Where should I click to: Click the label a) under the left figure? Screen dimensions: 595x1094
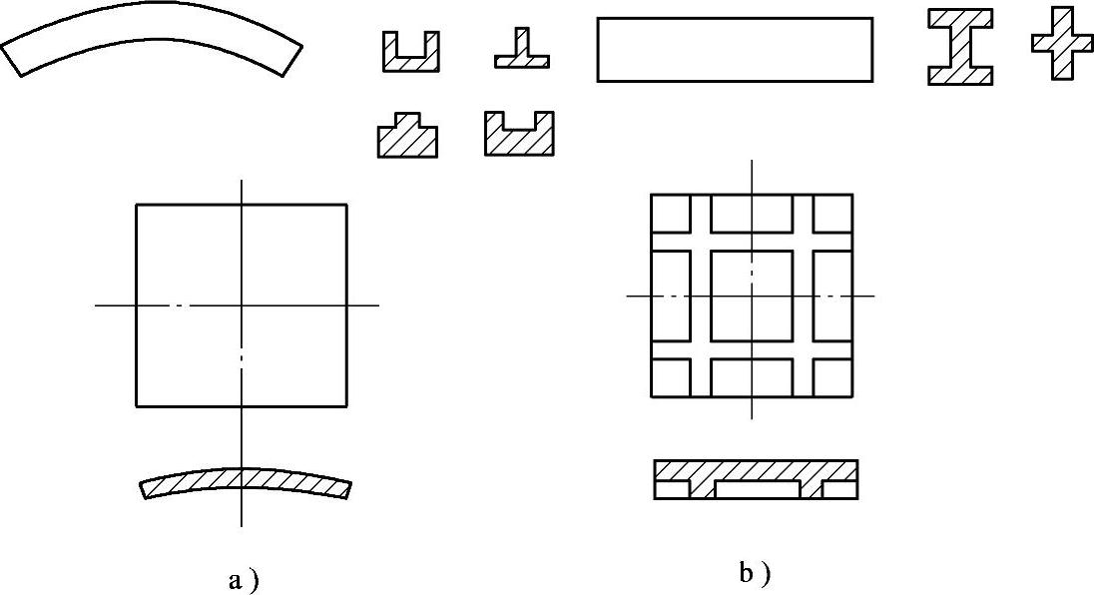point(244,580)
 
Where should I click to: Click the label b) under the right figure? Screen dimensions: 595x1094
point(755,573)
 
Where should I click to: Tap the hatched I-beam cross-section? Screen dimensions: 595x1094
point(960,47)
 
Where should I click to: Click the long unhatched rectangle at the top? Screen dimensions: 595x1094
point(735,50)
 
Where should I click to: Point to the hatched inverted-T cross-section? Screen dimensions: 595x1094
point(521,55)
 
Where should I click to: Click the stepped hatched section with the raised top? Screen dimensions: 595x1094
point(407,138)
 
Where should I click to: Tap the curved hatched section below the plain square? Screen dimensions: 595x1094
point(245,484)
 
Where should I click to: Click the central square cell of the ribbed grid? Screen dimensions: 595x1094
point(752,296)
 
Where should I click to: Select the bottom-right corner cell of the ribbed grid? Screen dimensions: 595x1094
point(832,375)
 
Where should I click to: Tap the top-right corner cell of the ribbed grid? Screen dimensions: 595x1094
point(832,213)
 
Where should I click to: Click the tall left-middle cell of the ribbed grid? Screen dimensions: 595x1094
point(671,296)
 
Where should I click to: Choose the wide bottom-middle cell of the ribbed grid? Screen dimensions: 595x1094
point(752,375)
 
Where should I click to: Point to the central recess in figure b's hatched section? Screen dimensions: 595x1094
point(757,490)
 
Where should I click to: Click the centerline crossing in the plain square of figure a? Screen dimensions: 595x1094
point(242,305)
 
